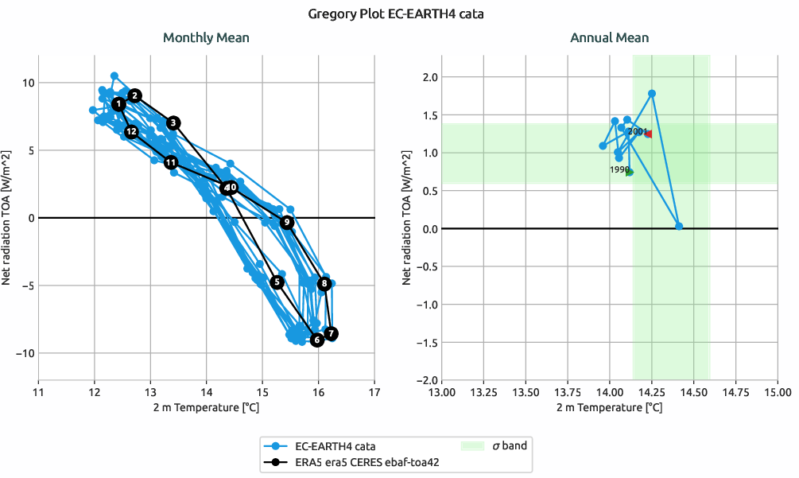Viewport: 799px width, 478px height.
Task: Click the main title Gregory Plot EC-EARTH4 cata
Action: [x=399, y=14]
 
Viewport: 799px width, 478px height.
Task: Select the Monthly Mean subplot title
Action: [x=206, y=37]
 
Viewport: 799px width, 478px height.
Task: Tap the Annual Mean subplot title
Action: [x=609, y=37]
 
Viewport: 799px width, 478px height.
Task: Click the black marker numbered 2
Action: [x=135, y=95]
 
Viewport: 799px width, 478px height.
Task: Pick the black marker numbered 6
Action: [x=316, y=340]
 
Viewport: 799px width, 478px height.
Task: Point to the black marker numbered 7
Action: [x=331, y=333]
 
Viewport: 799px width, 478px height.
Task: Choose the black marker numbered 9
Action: [x=287, y=223]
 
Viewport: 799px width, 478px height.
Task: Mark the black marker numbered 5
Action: [x=277, y=282]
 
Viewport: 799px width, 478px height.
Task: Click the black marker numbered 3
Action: [x=174, y=122]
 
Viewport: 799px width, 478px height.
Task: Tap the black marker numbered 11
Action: [x=171, y=162]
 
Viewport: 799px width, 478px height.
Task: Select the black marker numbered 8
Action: [x=324, y=284]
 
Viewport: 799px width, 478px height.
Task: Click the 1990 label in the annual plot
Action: [x=619, y=169]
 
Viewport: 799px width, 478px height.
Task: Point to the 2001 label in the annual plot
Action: [x=637, y=131]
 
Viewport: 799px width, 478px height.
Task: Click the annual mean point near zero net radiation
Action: [x=679, y=227]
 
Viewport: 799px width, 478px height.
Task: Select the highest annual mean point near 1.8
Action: [x=652, y=94]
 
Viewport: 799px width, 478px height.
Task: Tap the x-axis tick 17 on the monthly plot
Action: [x=374, y=391]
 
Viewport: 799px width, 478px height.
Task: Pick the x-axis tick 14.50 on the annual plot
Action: [x=693, y=391]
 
